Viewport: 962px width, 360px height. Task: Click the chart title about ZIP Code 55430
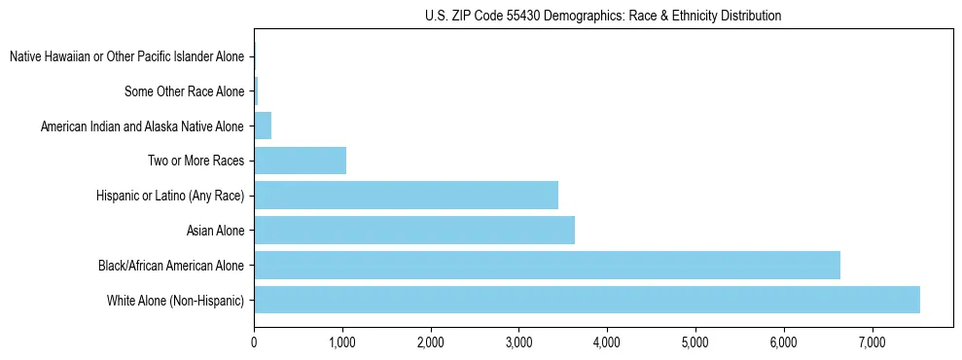coord(603,17)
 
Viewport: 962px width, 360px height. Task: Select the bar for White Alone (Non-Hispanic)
coord(587,300)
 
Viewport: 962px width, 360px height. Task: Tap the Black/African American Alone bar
coord(547,265)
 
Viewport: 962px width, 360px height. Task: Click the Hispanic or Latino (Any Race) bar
coord(406,195)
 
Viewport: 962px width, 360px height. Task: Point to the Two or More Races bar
coord(300,161)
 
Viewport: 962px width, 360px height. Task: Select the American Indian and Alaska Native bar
coord(263,126)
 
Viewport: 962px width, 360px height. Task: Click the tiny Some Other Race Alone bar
coord(256,91)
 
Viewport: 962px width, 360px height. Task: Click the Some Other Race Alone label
coord(185,91)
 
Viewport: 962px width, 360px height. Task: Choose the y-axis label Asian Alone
coord(216,231)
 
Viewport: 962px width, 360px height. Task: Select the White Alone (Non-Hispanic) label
coord(176,301)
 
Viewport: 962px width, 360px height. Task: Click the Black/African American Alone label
coord(171,266)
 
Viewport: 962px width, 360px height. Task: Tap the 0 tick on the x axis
coord(254,342)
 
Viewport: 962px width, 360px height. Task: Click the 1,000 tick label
coord(342,342)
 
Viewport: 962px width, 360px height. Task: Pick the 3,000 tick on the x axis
coord(518,342)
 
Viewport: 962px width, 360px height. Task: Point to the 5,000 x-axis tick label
coord(695,342)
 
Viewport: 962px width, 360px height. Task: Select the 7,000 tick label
coord(872,342)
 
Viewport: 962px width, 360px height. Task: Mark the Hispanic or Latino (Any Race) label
coord(170,196)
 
